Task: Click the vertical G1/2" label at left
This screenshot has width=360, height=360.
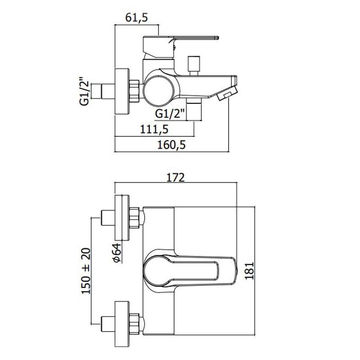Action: pos(84,91)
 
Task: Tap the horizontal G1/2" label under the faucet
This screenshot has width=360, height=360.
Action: pos(171,114)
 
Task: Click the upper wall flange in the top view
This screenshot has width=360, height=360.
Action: pos(121,217)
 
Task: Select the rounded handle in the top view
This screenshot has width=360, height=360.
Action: pos(189,270)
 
